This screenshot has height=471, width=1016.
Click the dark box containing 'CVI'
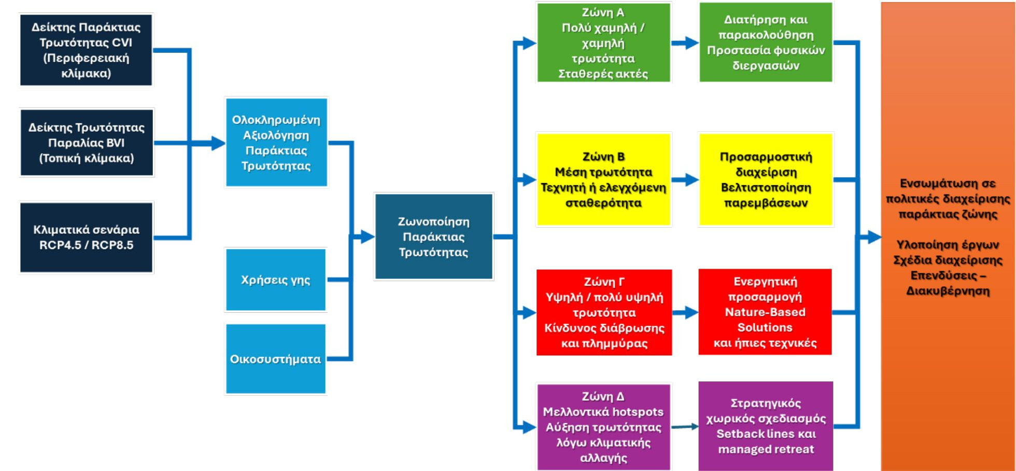point(86,50)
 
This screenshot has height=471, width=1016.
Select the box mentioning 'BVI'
point(87,143)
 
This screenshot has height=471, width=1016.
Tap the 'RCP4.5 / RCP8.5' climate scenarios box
point(86,237)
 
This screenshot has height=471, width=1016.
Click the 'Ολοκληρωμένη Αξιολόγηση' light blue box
point(276,142)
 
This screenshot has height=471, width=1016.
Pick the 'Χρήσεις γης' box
point(276,280)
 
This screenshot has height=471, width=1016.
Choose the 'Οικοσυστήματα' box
point(276,359)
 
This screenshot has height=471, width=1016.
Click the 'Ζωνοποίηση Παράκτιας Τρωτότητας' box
point(433,237)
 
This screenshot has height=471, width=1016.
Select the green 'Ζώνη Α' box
point(603,43)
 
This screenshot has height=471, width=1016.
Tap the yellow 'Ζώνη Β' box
point(603,179)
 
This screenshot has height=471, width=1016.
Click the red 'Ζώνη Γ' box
point(604,312)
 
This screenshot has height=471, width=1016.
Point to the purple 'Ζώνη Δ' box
point(603,427)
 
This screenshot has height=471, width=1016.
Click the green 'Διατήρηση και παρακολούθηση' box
point(766,43)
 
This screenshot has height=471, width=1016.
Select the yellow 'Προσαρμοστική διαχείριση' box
point(766,179)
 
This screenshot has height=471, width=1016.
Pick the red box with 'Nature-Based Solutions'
point(765,312)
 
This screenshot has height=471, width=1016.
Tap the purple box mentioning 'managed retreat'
point(766,426)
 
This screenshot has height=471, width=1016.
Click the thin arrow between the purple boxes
point(685,427)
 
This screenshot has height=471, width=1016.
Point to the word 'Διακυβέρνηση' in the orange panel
point(948,291)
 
